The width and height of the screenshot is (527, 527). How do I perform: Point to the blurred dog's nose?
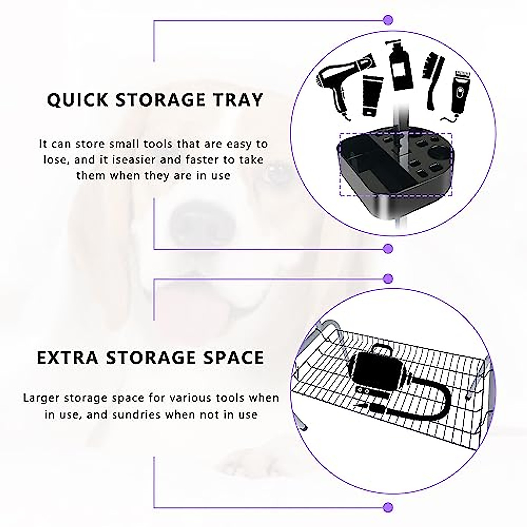193,215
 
